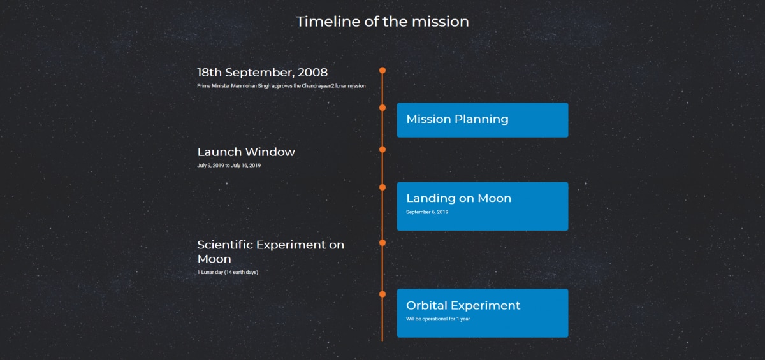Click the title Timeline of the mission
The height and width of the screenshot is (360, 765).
coord(382,22)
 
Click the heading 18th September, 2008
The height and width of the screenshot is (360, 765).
coord(262,73)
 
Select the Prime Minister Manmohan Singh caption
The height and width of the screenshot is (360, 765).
coord(281,86)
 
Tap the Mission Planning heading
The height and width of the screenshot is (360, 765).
coord(457,119)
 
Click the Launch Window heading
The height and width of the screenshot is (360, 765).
coord(246,152)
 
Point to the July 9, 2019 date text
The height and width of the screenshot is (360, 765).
coord(210,166)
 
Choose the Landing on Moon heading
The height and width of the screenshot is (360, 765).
coord(458,198)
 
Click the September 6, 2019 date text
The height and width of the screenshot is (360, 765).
coord(427,212)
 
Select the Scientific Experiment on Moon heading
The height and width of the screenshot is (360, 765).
coord(271,252)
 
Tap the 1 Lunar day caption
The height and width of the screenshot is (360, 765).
coord(228,272)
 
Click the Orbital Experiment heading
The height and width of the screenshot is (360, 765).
coord(463,305)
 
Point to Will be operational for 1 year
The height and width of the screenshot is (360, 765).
coord(438,319)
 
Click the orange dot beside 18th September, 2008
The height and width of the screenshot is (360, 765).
coord(382,70)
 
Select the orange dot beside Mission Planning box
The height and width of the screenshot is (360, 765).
coord(382,108)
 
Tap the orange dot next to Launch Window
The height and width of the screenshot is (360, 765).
coord(382,150)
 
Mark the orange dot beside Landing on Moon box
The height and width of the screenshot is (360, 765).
coord(382,187)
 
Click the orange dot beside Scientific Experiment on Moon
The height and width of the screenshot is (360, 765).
coord(382,243)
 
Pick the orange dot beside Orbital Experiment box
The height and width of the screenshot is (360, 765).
coord(382,294)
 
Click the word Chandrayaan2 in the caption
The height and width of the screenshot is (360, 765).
coord(317,86)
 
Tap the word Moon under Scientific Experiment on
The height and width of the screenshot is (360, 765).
coord(214,259)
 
